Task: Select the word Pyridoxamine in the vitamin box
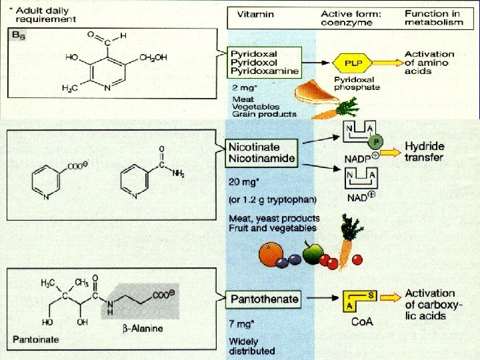click(x=265, y=71)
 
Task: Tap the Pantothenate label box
click(x=265, y=299)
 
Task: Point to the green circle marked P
click(x=376, y=141)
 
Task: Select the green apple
click(x=313, y=253)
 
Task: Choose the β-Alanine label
click(x=143, y=329)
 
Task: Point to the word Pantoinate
click(x=36, y=339)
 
